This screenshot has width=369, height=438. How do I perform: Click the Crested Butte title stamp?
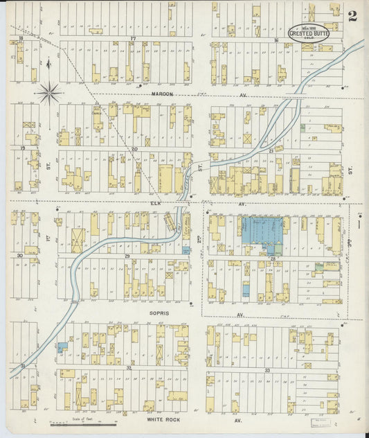point(309,33)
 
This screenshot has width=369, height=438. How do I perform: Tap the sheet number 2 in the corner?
point(353,16)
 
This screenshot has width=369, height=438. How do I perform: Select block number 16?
point(276,40)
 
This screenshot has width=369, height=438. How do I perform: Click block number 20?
point(134,148)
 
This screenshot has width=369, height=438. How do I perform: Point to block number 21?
point(271,150)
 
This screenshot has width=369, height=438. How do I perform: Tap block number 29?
point(127,256)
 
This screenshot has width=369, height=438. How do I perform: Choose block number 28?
point(273,258)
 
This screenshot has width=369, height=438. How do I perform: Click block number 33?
point(267,371)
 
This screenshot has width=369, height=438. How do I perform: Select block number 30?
point(20,256)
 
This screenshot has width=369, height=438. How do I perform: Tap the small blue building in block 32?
point(62,346)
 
